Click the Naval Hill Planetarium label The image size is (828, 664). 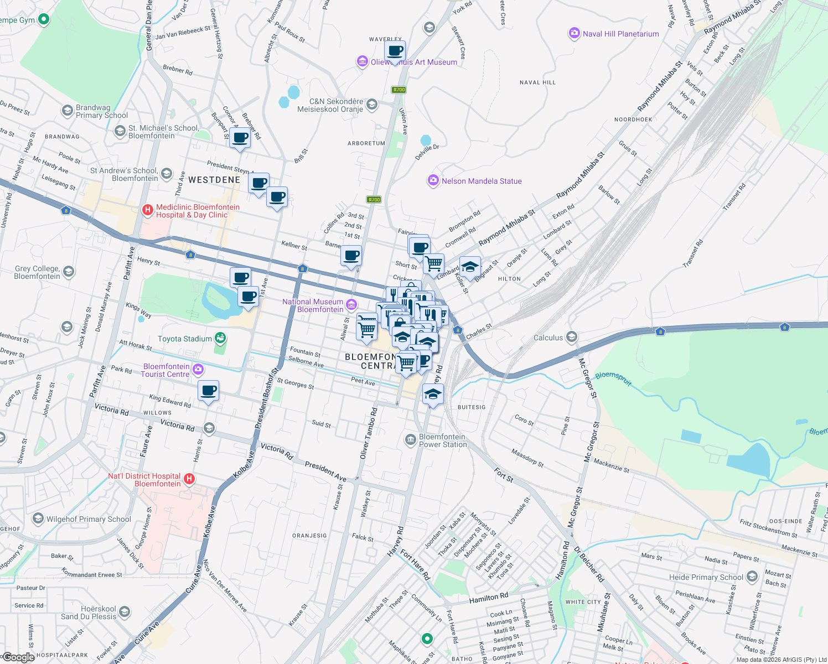(x=620, y=34)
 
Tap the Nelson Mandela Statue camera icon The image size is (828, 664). (x=433, y=180)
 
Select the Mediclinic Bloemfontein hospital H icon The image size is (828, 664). (x=147, y=210)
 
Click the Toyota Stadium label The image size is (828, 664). (x=185, y=339)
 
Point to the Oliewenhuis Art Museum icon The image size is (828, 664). (x=362, y=61)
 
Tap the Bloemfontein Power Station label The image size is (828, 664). (x=443, y=440)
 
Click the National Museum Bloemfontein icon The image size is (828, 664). (x=351, y=304)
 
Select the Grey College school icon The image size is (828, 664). (x=69, y=271)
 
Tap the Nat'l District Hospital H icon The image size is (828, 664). (x=189, y=479)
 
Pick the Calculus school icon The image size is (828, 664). (x=572, y=336)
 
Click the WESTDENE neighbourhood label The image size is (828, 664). (x=214, y=180)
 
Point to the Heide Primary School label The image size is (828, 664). (x=706, y=577)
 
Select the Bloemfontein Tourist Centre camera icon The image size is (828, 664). (x=198, y=369)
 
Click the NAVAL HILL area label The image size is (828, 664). (x=537, y=82)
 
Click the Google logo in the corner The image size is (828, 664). (x=18, y=657)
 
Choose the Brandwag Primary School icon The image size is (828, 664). (x=67, y=111)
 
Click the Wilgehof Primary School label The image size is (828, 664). (x=89, y=519)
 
